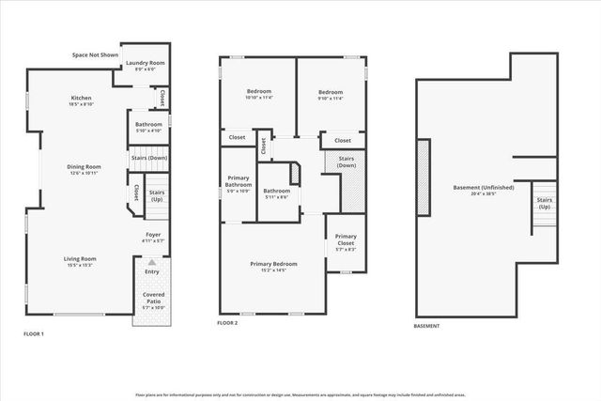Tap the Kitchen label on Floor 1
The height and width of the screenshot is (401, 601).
pyautogui.click(x=82, y=101)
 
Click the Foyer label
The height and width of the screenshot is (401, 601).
pyautogui.click(x=151, y=237)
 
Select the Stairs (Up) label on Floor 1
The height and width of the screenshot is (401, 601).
pyautogui.click(x=156, y=195)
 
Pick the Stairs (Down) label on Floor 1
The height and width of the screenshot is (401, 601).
pyautogui.click(x=149, y=159)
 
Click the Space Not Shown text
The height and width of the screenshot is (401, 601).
pyautogui.click(x=96, y=54)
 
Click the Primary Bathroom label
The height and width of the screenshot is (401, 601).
pyautogui.click(x=239, y=186)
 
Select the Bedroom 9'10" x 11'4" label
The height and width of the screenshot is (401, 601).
pyautogui.click(x=331, y=94)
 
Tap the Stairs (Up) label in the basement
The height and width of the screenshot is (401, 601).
pyautogui.click(x=545, y=203)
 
